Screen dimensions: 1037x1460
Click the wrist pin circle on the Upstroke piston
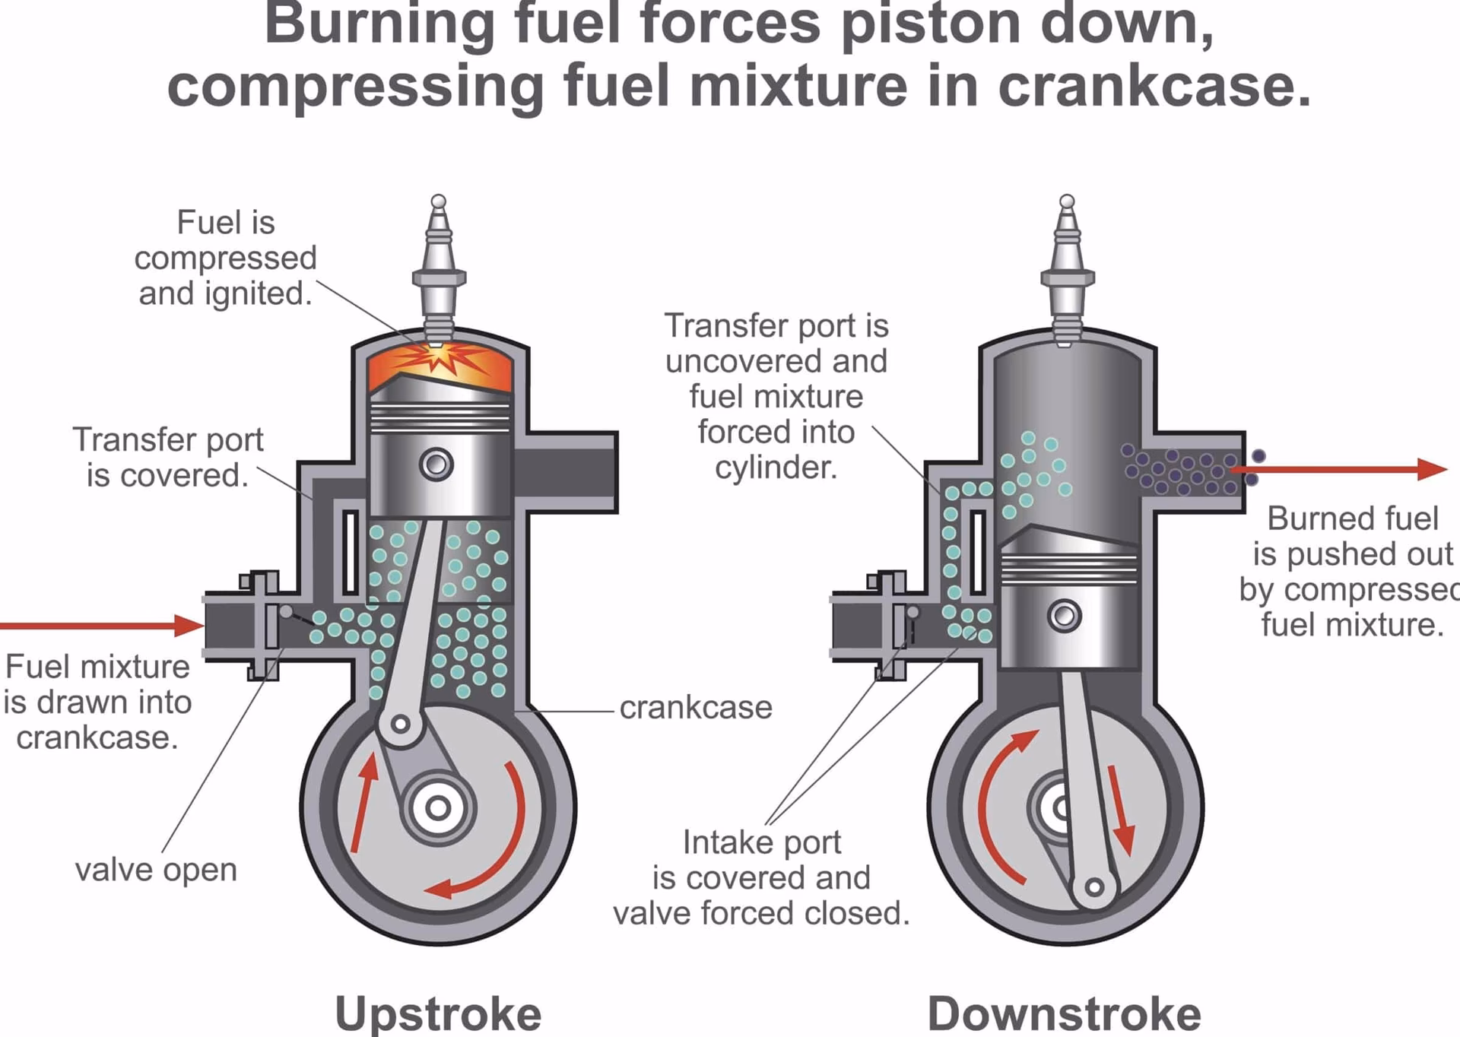point(437,464)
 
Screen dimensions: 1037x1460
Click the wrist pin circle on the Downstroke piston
point(1065,615)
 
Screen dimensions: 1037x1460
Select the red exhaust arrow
point(1338,469)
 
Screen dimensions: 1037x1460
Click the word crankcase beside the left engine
point(696,708)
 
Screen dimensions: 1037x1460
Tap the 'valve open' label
point(156,870)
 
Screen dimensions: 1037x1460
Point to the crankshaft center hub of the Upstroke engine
point(437,807)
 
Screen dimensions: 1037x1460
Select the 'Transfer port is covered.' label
point(167,457)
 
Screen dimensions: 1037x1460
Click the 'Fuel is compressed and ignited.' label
point(225,258)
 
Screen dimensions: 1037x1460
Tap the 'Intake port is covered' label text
point(761,877)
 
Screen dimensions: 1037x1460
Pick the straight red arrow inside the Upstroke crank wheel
point(364,802)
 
